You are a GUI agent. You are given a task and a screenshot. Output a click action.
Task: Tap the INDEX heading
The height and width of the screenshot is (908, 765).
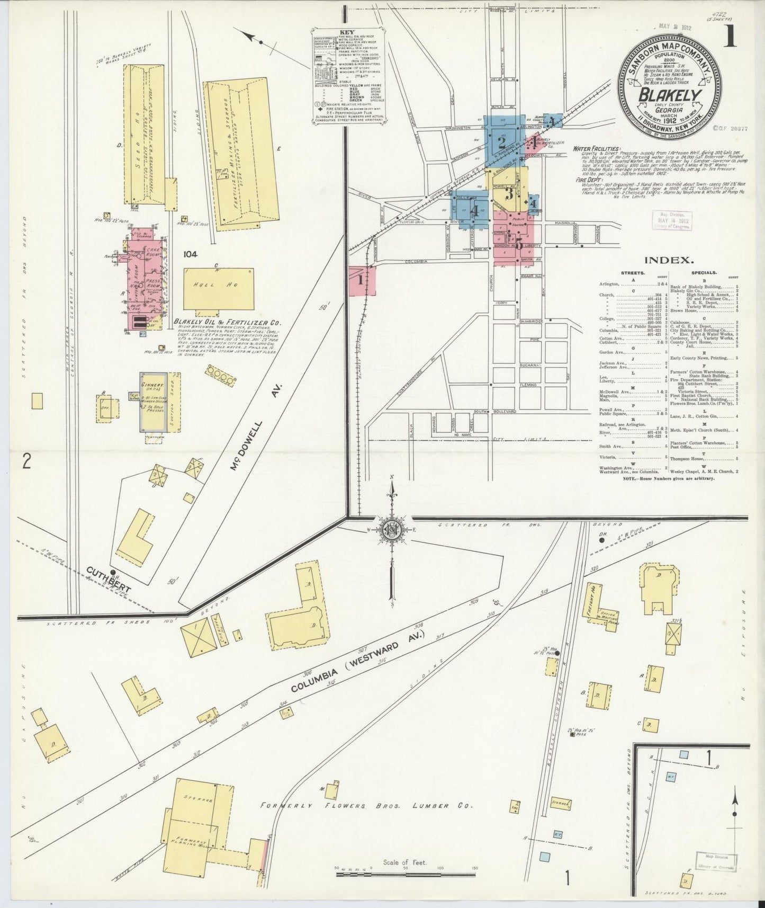pyautogui.click(x=669, y=260)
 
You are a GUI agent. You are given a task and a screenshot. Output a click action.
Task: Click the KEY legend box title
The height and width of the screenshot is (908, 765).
pyautogui.click(x=347, y=31)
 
